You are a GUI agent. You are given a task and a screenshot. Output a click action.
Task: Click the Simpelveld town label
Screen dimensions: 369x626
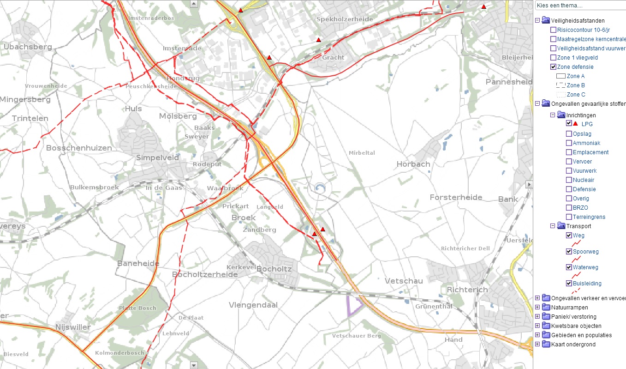tap(157, 157)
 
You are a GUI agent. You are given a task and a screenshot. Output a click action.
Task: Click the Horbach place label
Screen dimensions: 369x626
tap(413, 164)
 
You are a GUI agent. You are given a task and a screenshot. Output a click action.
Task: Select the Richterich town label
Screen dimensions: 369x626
tap(467, 290)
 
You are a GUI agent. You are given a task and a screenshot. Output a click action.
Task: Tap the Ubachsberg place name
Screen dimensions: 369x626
tap(27, 47)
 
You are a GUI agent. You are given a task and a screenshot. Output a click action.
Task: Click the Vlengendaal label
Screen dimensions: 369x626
tap(253, 305)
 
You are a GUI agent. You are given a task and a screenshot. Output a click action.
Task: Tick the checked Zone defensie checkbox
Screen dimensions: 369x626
tap(553, 67)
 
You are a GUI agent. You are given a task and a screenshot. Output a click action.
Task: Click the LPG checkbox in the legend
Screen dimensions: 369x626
tap(569, 124)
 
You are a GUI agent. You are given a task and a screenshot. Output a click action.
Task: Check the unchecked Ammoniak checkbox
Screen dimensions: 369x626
tap(569, 143)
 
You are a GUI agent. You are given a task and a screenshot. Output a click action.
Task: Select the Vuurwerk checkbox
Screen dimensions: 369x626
tap(569, 171)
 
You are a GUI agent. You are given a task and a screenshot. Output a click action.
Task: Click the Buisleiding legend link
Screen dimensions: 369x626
tap(587, 284)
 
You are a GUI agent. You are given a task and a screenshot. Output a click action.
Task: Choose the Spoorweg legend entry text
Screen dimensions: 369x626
tap(585, 252)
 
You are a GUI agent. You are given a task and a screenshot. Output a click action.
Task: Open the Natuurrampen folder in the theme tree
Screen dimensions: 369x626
tap(546, 308)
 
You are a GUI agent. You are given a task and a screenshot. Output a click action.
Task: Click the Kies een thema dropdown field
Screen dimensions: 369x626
tap(579, 5)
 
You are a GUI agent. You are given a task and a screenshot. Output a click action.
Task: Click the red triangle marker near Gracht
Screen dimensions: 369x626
tap(318, 40)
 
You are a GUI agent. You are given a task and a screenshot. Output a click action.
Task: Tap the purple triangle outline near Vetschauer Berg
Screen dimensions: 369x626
tap(354, 305)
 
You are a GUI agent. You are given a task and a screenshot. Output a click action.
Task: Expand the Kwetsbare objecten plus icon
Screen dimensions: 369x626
tap(537, 326)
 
